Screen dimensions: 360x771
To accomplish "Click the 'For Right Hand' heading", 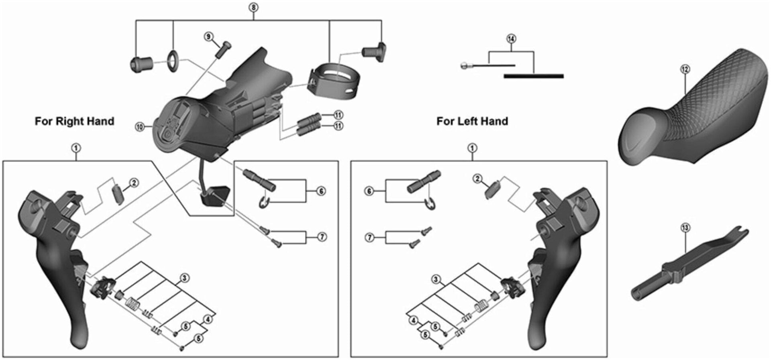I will (x=74, y=121).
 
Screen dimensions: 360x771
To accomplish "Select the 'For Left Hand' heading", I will (x=472, y=121).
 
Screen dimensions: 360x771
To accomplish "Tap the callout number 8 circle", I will (x=253, y=8).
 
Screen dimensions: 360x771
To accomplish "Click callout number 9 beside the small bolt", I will (x=208, y=37).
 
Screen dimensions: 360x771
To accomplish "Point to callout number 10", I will (x=140, y=127).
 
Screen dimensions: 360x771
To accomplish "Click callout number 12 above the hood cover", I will (x=685, y=69).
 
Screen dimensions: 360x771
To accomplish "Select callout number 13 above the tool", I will (x=685, y=228).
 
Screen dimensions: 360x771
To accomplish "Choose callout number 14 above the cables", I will (x=511, y=39).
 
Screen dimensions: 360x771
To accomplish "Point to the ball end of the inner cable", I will (x=464, y=65).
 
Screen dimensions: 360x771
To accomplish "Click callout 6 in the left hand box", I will (x=369, y=191).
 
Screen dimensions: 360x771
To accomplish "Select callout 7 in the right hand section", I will (x=322, y=237).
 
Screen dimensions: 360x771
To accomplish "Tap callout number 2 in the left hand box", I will (x=477, y=178).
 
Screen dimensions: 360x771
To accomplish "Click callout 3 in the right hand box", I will (x=184, y=278).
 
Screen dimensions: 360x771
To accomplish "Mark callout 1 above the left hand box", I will (x=472, y=148).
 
